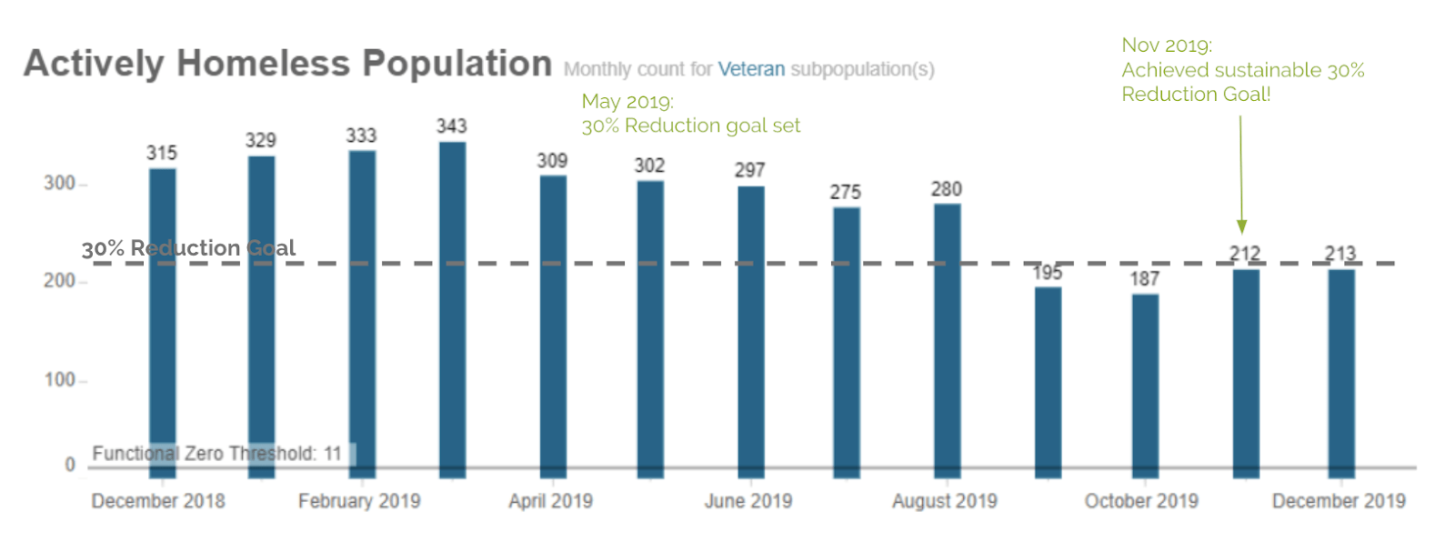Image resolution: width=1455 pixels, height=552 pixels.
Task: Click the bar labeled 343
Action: [x=452, y=309]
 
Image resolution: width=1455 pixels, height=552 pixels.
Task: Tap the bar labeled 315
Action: [x=163, y=323]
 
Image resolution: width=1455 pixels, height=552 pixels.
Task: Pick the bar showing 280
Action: [x=947, y=340]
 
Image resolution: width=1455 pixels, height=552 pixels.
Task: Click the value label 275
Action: [x=845, y=192]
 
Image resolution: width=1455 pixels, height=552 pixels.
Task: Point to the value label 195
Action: [x=1047, y=272]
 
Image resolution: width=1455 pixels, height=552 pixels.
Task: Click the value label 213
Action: [x=1340, y=253]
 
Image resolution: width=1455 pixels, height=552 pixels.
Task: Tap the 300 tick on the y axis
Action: [x=59, y=184]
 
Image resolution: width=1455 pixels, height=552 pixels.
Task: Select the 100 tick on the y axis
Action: [x=59, y=380]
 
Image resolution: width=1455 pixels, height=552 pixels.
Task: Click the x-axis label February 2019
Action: [x=359, y=501]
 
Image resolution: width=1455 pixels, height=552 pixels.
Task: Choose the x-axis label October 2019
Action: [x=1141, y=501]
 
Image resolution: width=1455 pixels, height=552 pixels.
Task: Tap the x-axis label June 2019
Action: [x=748, y=501]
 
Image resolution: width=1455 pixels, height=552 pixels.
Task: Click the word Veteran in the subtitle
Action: [x=751, y=69]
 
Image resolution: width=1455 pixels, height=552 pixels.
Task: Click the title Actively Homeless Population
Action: [x=287, y=64]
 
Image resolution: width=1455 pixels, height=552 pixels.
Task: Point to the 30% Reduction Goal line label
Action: [x=188, y=248]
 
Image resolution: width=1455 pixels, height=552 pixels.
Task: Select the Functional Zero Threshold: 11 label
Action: [x=216, y=453]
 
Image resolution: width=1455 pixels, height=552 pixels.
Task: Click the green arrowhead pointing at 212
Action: [x=1241, y=226]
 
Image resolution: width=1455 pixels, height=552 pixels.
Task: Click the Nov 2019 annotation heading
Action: [x=1166, y=45]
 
